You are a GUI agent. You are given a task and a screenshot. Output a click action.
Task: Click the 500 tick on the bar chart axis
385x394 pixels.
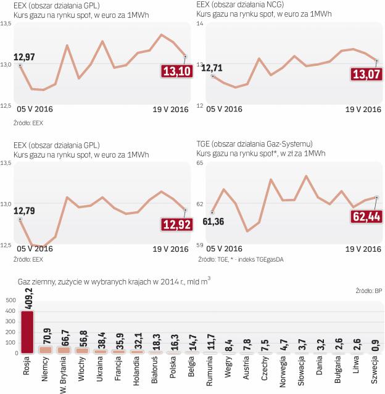[x=10, y=300]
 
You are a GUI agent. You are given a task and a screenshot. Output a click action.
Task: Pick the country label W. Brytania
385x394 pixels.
[x=63, y=376]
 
